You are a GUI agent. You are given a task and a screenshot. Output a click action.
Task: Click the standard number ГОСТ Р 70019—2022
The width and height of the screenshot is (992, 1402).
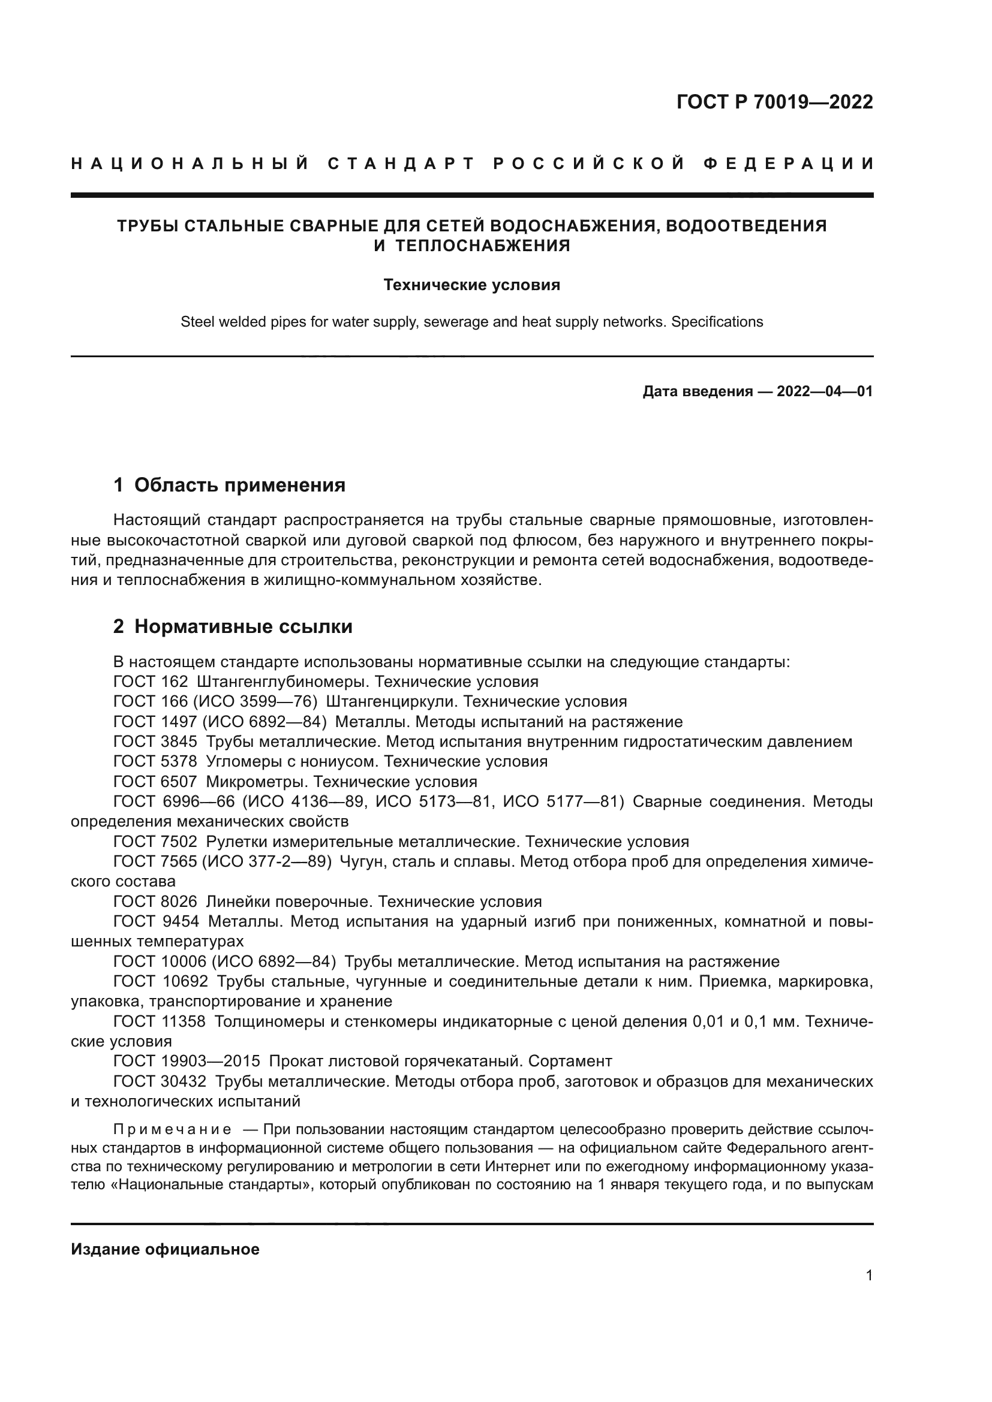pyautogui.click(x=774, y=102)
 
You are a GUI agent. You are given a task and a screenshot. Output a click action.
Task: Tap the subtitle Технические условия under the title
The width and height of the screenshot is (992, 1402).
pyautogui.click(x=471, y=285)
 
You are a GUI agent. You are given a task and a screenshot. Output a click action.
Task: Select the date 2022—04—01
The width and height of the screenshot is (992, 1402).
pyautogui.click(x=825, y=391)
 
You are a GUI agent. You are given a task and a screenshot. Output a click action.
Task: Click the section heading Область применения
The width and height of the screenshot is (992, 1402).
pyautogui.click(x=239, y=485)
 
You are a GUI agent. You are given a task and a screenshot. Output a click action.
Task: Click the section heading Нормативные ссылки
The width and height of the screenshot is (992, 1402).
pyautogui.click(x=243, y=626)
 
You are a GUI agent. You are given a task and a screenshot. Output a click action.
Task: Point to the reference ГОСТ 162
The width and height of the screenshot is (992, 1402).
pyautogui.click(x=151, y=682)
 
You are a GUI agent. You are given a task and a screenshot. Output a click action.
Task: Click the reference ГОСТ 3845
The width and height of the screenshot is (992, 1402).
pyautogui.click(x=155, y=742)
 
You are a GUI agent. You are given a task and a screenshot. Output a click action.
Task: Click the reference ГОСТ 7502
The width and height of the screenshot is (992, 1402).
pyautogui.click(x=155, y=842)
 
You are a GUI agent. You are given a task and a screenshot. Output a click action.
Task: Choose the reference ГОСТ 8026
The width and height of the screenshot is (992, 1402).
pyautogui.click(x=155, y=902)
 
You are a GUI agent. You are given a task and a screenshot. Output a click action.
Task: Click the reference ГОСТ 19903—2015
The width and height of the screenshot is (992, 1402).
pyautogui.click(x=187, y=1061)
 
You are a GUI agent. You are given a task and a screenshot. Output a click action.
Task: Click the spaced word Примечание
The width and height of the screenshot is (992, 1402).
pyautogui.click(x=172, y=1129)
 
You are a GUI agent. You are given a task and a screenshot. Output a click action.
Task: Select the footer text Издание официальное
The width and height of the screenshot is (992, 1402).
pyautogui.click(x=165, y=1249)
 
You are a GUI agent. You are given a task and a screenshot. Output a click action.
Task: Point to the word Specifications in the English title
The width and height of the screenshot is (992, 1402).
pyautogui.click(x=717, y=322)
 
